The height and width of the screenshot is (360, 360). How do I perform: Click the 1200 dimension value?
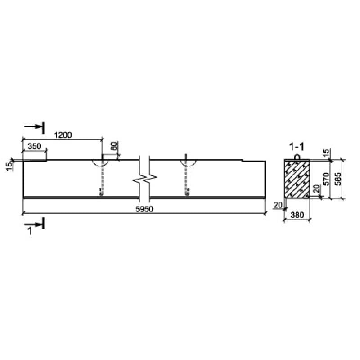click(63, 135)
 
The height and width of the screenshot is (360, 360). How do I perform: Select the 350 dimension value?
click(34, 146)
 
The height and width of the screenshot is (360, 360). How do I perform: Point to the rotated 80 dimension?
click(114, 146)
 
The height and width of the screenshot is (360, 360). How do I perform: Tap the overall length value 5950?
click(144, 209)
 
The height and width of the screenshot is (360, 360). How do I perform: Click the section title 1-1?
click(297, 147)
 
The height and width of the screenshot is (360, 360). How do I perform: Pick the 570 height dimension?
click(326, 179)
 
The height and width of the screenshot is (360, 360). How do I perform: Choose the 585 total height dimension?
click(338, 179)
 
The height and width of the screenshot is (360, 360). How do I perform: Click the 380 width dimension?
click(297, 215)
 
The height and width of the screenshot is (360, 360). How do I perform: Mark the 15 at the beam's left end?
click(9, 166)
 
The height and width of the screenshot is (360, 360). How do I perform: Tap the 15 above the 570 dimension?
click(326, 152)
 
